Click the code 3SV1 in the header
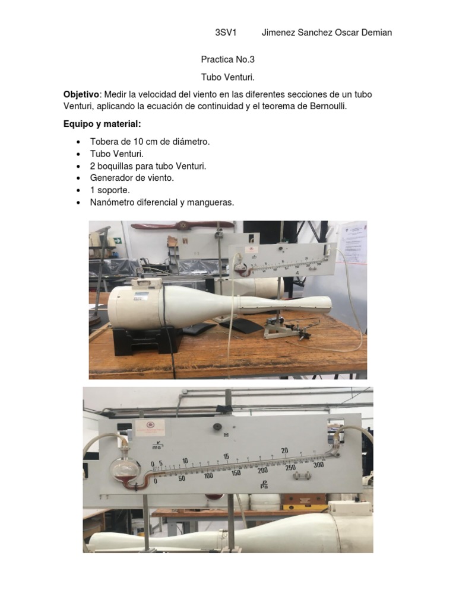[226, 33]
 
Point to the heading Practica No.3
[228, 60]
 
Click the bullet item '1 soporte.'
[110, 190]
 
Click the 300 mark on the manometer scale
[318, 465]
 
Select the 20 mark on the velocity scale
[284, 451]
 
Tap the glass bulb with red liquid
[123, 469]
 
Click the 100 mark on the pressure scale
[208, 476]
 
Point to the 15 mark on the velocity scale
[226, 456]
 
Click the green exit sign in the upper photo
[118, 240]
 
